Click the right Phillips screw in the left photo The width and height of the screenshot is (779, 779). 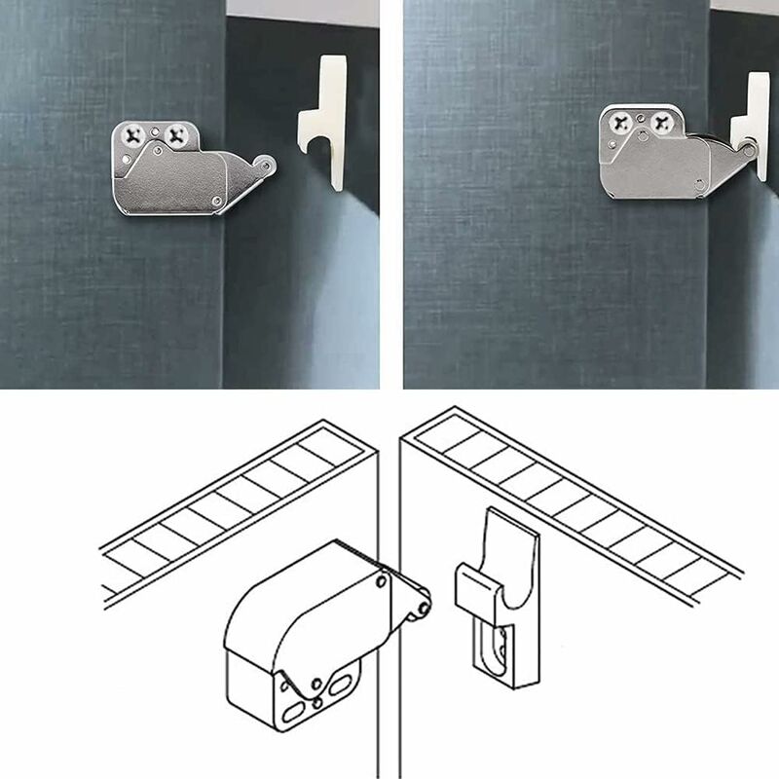tap(177, 134)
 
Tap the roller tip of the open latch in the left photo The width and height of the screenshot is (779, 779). tap(267, 166)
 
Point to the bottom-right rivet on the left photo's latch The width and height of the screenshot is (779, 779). tap(214, 200)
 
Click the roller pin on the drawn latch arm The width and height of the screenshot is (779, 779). tap(422, 609)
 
